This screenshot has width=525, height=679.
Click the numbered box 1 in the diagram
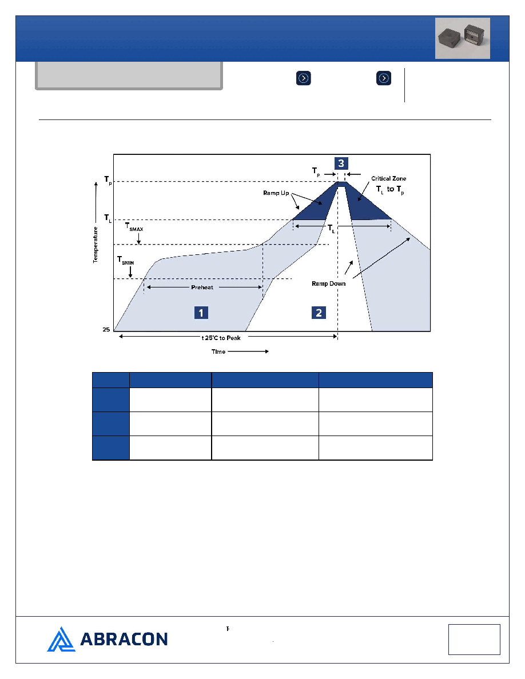pyautogui.click(x=201, y=313)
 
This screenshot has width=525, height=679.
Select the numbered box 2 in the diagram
pyautogui.click(x=319, y=313)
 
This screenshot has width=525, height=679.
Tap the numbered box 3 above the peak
pyautogui.click(x=341, y=163)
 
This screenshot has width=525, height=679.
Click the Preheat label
pyautogui.click(x=202, y=287)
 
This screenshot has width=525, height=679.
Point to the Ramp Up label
pyautogui.click(x=276, y=193)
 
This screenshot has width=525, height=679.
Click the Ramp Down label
pyautogui.click(x=329, y=283)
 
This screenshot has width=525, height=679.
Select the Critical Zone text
pyautogui.click(x=388, y=178)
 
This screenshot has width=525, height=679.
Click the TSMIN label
pyautogui.click(x=126, y=260)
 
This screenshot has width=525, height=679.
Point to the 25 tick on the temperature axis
pyautogui.click(x=106, y=330)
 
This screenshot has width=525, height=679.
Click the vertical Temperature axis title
pyautogui.click(x=96, y=245)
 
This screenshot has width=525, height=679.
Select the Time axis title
pyautogui.click(x=218, y=352)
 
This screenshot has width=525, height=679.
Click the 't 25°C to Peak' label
pyautogui.click(x=221, y=338)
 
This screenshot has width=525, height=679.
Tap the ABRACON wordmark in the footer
pyautogui.click(x=124, y=639)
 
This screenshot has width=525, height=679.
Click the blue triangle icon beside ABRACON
pyautogui.click(x=61, y=639)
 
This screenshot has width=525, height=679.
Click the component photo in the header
pyautogui.click(x=463, y=38)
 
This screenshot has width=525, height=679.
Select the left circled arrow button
pyautogui.click(x=304, y=78)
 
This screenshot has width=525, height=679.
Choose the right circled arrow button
pyautogui.click(x=384, y=78)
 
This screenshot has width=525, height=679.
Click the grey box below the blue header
pyautogui.click(x=129, y=76)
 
